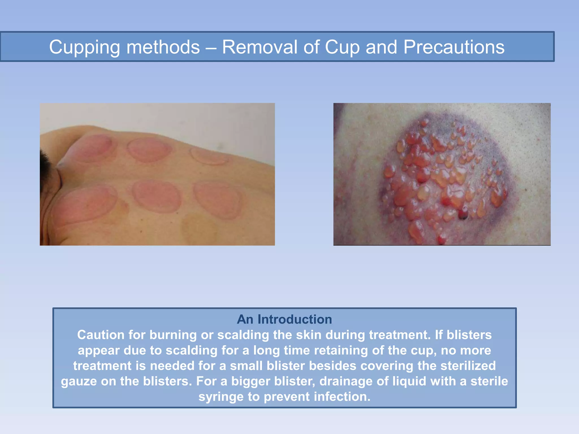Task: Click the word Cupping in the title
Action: click(x=84, y=47)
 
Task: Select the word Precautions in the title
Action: click(x=454, y=47)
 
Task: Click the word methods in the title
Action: click(x=163, y=47)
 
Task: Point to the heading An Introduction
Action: click(x=284, y=320)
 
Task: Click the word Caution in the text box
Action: click(x=101, y=335)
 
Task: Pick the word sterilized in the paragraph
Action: click(x=468, y=366)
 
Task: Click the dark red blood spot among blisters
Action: click(x=463, y=216)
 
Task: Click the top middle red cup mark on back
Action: click(x=149, y=150)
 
